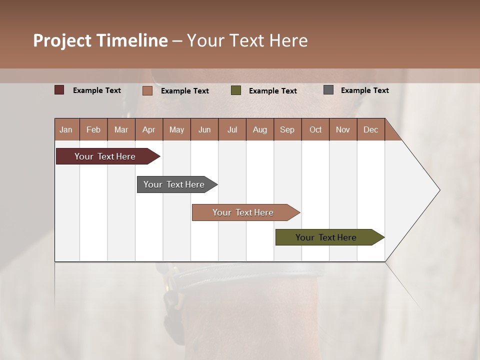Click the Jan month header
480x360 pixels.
click(66, 129)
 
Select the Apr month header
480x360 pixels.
click(148, 129)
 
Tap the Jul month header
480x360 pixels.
click(232, 129)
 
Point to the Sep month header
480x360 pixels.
click(287, 129)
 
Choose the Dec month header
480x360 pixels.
click(370, 129)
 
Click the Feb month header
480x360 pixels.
click(93, 129)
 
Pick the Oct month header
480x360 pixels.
click(315, 129)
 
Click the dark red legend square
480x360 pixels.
click(59, 90)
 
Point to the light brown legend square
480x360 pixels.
click(147, 90)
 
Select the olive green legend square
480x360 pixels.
click(236, 90)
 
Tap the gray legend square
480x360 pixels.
click(328, 90)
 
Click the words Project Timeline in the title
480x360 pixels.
click(100, 40)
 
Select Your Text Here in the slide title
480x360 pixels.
click(247, 40)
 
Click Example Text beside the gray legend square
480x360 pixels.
click(364, 90)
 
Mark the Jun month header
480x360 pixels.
click(204, 129)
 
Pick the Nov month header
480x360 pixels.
click(343, 129)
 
